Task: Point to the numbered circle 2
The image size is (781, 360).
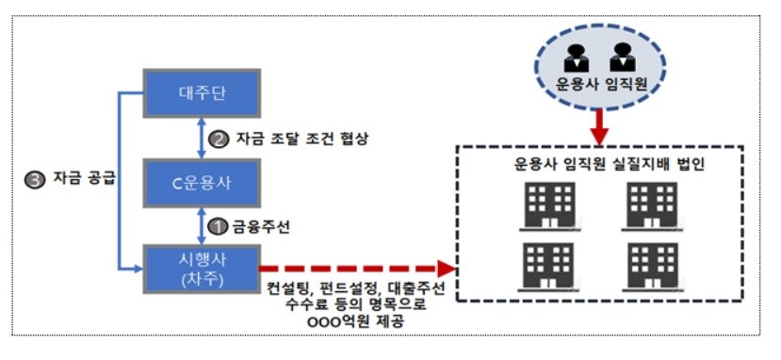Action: pos(219,138)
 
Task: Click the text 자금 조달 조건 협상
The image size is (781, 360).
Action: pos(295,138)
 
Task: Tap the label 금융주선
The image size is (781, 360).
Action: pos(257,226)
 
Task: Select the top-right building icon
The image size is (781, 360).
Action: pos(651,204)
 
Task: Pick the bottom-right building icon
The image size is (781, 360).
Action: pos(651,266)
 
